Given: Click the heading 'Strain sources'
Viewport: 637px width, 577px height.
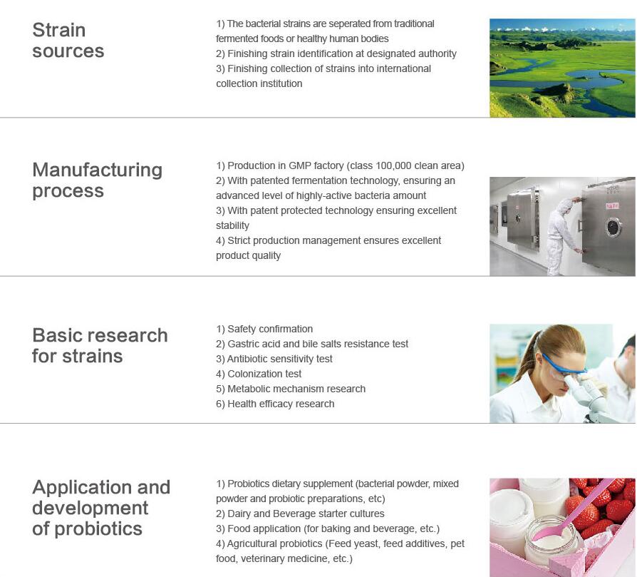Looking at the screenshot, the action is pyautogui.click(x=68, y=40).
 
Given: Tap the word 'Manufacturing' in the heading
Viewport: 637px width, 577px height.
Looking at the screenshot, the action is pyautogui.click(x=98, y=170).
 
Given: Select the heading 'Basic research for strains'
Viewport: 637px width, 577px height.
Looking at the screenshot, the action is pyautogui.click(x=100, y=346).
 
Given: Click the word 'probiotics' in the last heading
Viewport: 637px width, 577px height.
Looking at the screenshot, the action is pyautogui.click(x=98, y=529).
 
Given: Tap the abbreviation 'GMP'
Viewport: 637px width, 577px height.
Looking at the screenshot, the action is pyautogui.click(x=300, y=166).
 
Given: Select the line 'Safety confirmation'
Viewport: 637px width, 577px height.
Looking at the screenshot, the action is pyautogui.click(x=264, y=329).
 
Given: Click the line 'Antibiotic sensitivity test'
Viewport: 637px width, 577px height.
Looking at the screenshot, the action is pyautogui.click(x=274, y=359).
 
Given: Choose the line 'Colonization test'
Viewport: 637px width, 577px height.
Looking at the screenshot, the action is pyautogui.click(x=259, y=374).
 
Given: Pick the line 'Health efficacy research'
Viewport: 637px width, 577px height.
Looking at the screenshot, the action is pyautogui.click(x=276, y=404).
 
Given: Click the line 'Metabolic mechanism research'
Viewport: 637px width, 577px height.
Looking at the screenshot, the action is pyautogui.click(x=291, y=389).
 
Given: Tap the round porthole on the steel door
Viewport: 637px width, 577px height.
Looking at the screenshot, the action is pyautogui.click(x=613, y=227).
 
